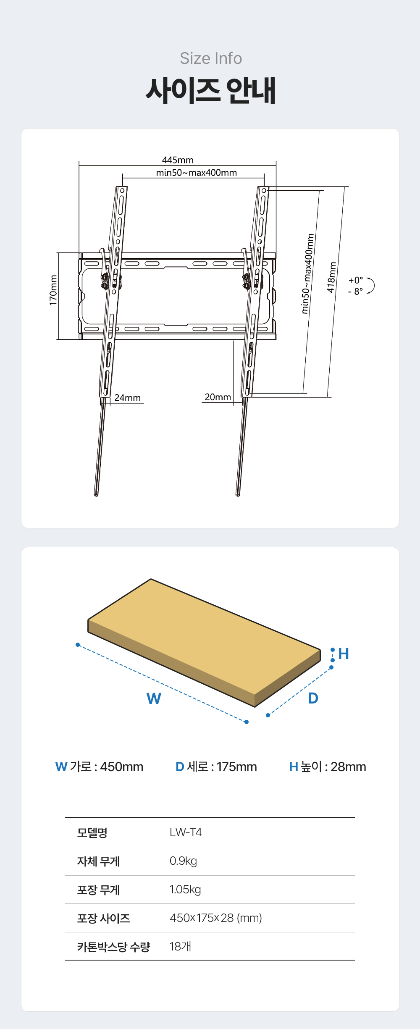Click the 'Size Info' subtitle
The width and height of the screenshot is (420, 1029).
(x=211, y=58)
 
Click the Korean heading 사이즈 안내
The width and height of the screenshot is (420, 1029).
(x=211, y=90)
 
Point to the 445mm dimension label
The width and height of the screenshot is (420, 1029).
(x=178, y=160)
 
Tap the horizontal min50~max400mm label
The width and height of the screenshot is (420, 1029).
(x=197, y=173)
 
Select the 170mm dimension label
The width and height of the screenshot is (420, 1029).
(x=53, y=290)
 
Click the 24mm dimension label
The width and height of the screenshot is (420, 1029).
(x=128, y=398)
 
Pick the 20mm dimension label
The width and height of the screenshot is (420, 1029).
(x=218, y=397)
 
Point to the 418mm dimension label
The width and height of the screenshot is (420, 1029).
(x=332, y=277)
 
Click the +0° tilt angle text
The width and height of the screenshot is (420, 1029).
(x=356, y=280)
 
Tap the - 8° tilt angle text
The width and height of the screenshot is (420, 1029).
(x=355, y=291)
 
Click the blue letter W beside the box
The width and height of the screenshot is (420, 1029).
(x=154, y=698)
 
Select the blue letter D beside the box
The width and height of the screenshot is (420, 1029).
(x=313, y=698)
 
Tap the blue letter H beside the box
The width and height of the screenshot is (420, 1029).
(x=344, y=654)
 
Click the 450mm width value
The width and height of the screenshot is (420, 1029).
(x=122, y=766)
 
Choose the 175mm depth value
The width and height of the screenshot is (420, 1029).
(x=237, y=766)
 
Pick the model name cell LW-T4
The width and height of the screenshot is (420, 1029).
(x=186, y=832)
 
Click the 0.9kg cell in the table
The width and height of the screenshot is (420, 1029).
(x=183, y=861)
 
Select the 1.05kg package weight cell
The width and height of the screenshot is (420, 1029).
(x=185, y=890)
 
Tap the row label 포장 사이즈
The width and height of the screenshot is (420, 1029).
(x=103, y=918)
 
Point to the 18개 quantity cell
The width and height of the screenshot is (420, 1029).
(x=180, y=946)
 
